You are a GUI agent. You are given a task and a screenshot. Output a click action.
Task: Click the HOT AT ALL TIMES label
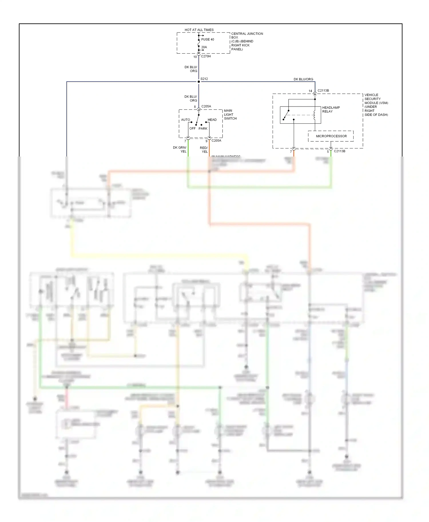pyautogui.click(x=199, y=30)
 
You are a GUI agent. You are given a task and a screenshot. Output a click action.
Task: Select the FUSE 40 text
pyautogui.click(x=207, y=39)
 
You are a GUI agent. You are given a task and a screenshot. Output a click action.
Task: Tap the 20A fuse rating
pyautogui.click(x=204, y=47)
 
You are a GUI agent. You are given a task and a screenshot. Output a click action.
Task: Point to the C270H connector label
pyautogui.click(x=206, y=56)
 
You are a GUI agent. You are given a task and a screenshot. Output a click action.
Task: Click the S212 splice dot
pyautogui.click(x=199, y=82)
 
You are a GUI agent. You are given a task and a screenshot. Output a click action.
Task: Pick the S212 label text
pyautogui.click(x=204, y=79)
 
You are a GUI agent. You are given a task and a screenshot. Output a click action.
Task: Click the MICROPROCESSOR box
pyautogui.click(x=331, y=136)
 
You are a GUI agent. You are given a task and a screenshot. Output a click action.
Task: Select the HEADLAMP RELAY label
pyautogui.click(x=331, y=109)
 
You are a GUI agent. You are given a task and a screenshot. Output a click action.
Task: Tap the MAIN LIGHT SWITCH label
pyautogui.click(x=230, y=115)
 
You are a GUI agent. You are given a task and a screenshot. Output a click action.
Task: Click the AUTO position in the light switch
pyautogui.click(x=185, y=120)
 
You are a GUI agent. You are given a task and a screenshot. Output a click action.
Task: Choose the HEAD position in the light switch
pyautogui.click(x=212, y=120)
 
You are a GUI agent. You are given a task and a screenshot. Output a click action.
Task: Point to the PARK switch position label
pyautogui.click(x=203, y=129)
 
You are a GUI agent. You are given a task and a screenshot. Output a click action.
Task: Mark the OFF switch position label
pyautogui.click(x=192, y=129)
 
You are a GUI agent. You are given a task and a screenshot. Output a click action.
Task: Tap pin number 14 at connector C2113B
pyautogui.click(x=310, y=91)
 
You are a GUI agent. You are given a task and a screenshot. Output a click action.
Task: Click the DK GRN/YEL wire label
pyautogui.click(x=180, y=149)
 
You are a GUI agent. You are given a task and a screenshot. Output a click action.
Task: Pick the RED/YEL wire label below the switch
pyautogui.click(x=204, y=150)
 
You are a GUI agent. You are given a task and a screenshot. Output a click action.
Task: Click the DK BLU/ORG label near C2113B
pyautogui.click(x=303, y=79)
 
